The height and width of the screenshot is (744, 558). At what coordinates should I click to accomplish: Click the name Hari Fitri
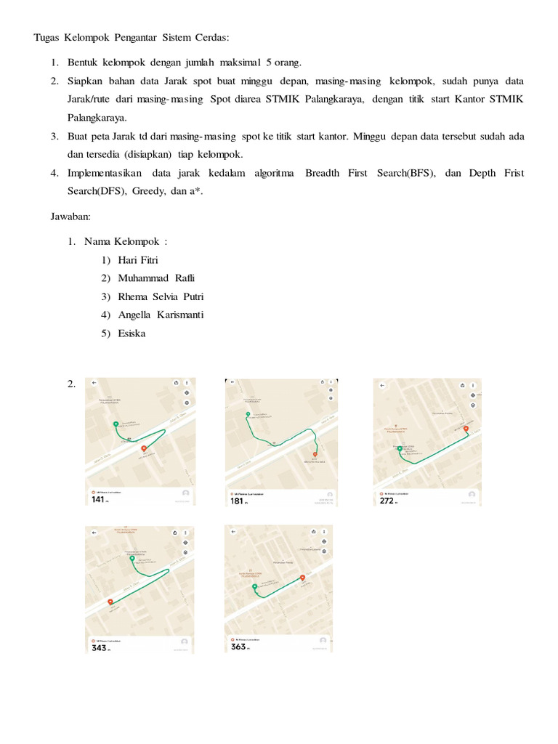[x=137, y=259]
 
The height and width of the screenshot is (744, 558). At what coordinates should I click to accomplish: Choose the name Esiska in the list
[x=132, y=333]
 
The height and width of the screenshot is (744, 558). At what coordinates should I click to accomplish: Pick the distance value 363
[x=238, y=646]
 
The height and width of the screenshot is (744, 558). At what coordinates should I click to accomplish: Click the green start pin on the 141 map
[x=115, y=424]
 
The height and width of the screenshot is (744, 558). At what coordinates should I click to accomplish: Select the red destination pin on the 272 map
[x=466, y=429]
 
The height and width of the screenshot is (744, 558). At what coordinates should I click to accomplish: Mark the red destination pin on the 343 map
[x=110, y=602]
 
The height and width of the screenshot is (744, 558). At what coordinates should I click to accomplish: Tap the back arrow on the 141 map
[x=94, y=382]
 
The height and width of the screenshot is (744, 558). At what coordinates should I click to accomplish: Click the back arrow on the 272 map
[x=382, y=384]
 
